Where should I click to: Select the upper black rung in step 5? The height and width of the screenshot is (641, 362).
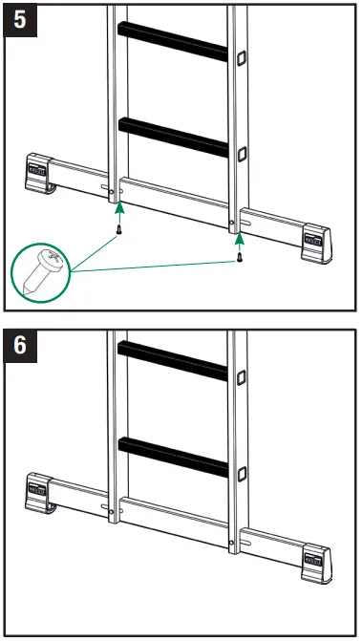(172, 43)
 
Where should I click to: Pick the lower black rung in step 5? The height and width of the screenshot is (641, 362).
(173, 136)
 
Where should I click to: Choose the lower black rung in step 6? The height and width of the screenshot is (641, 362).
(173, 457)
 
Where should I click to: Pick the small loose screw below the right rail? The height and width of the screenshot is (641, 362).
(239, 254)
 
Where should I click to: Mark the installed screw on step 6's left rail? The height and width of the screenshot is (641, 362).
(113, 513)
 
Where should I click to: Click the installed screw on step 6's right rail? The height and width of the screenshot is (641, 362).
(232, 546)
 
